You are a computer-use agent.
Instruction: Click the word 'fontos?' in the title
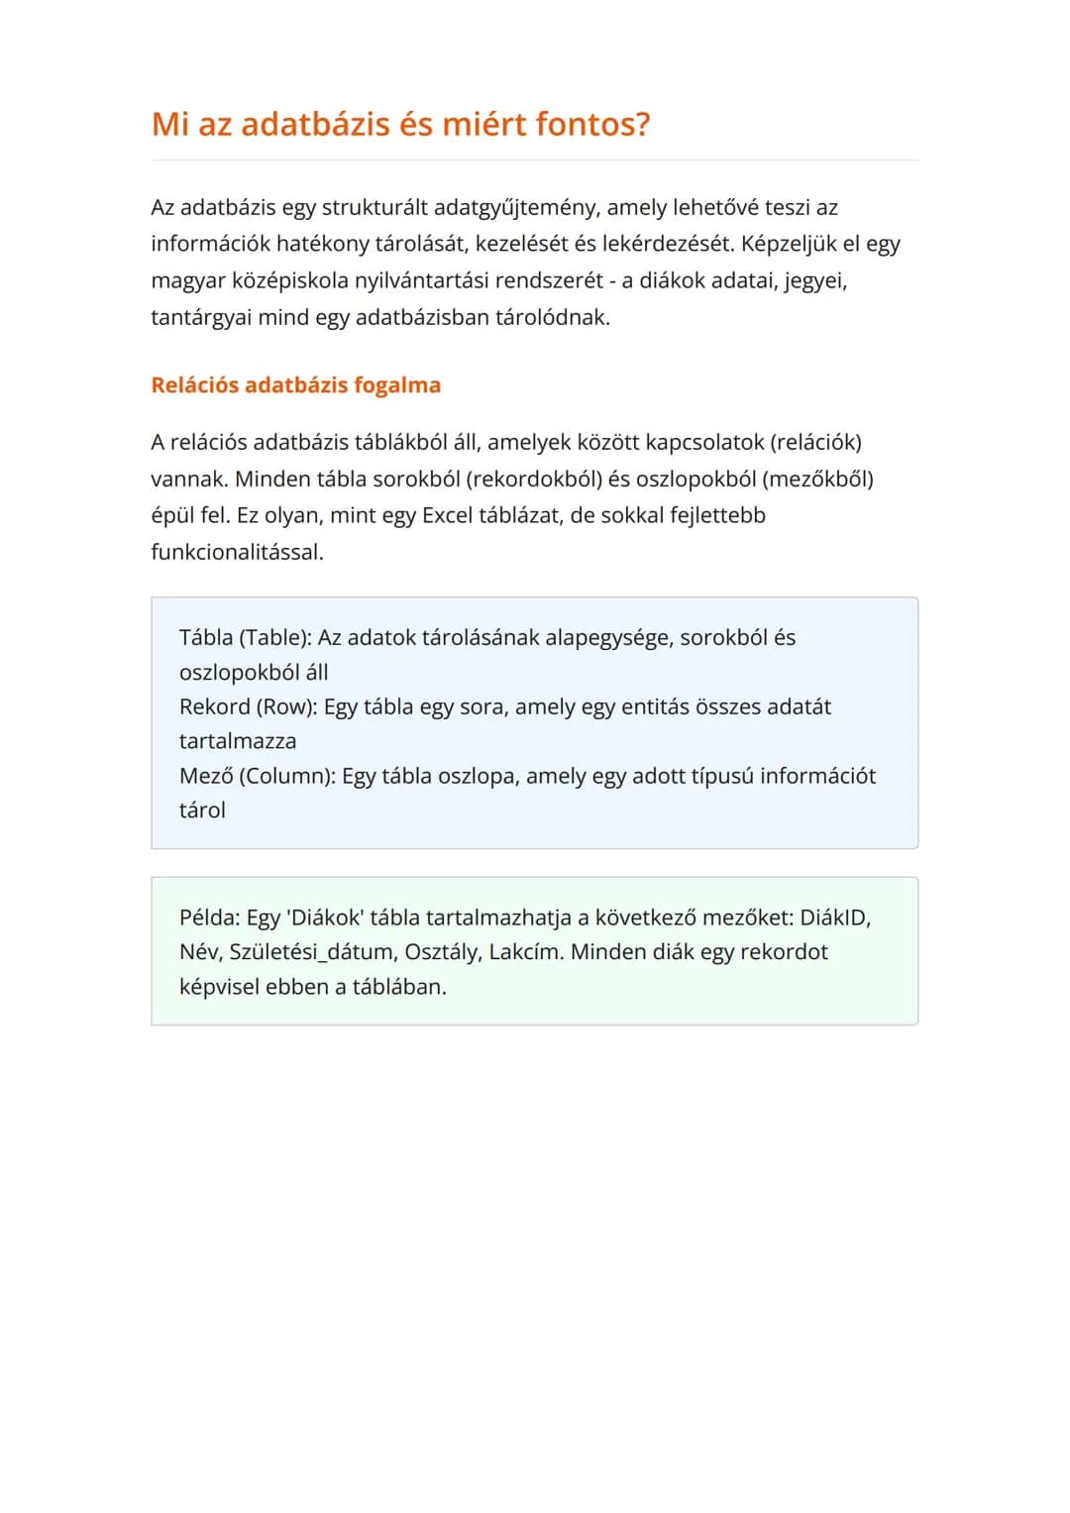(x=592, y=125)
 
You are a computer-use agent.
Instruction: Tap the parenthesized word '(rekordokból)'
(x=534, y=480)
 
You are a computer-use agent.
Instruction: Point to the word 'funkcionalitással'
(x=236, y=553)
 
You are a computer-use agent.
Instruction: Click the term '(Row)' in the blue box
(x=287, y=707)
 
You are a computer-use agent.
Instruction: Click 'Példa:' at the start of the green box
(x=209, y=919)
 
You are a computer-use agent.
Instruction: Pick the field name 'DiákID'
(x=834, y=919)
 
